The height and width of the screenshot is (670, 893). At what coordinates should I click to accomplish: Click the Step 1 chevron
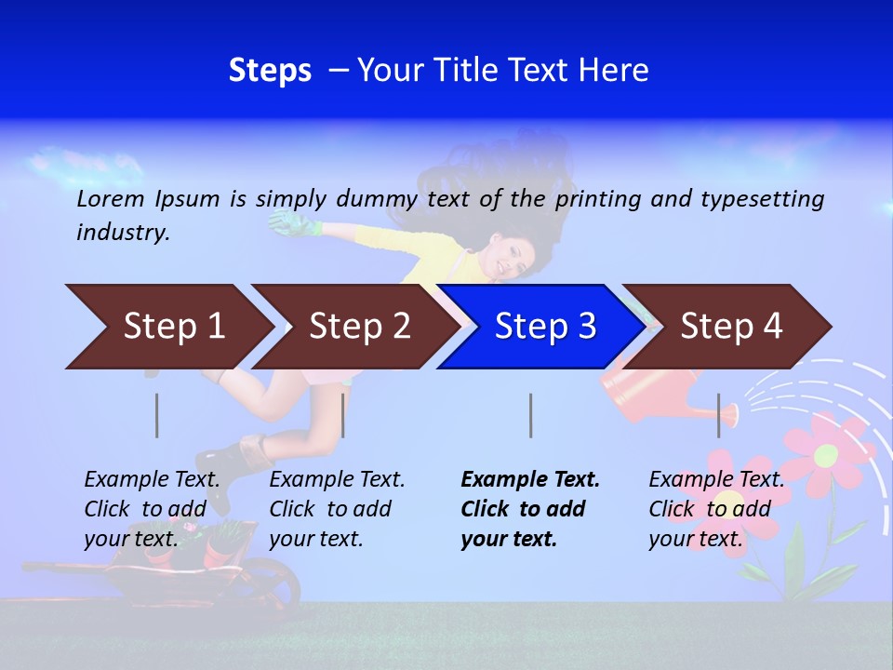(x=167, y=327)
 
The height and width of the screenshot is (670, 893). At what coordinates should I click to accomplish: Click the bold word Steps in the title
(x=270, y=71)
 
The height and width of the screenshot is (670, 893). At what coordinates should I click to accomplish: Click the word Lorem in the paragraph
(x=110, y=198)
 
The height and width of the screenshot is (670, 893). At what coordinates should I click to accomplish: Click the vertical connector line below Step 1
(x=156, y=415)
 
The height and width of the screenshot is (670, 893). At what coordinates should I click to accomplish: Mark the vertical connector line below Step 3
(x=530, y=415)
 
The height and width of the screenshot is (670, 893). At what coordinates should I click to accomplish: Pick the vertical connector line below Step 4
(x=718, y=415)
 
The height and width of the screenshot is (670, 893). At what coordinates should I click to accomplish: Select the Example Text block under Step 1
(x=152, y=508)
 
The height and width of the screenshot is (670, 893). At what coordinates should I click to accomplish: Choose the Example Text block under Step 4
(x=715, y=508)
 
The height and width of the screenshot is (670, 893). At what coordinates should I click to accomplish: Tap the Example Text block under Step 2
(x=336, y=508)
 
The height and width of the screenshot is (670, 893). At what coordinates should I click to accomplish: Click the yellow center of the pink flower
(x=825, y=456)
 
